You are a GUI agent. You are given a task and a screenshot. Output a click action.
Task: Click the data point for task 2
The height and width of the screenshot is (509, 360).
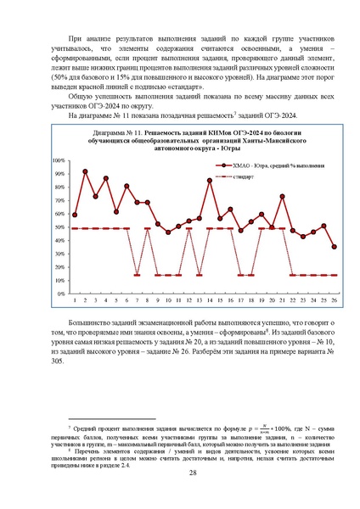coord(85,171)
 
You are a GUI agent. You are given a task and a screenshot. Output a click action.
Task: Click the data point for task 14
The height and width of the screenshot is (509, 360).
coord(210,181)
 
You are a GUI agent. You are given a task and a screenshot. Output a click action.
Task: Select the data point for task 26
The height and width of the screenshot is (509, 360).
coord(334,247)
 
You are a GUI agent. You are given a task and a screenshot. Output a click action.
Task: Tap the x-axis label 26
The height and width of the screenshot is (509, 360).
coord(334,300)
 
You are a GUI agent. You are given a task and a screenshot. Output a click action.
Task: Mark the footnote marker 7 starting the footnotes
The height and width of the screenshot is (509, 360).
coord(69,433)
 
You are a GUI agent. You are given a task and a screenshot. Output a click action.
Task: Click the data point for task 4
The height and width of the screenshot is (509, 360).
coord(106,179)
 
